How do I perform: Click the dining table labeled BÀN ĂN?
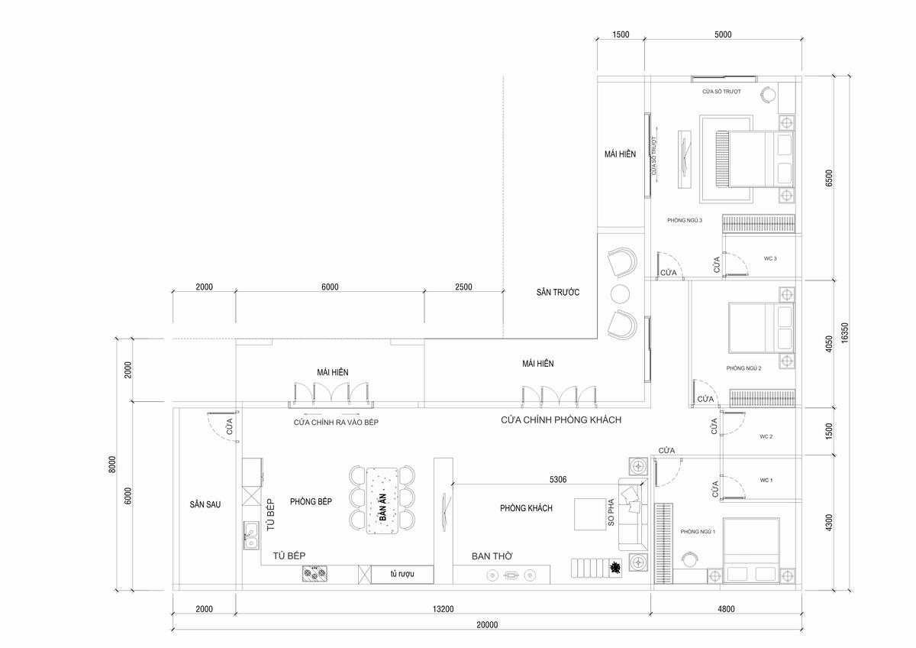(x=382, y=501)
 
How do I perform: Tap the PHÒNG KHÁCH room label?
(x=526, y=508)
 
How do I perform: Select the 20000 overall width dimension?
(x=487, y=624)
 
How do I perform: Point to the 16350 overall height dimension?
(x=844, y=333)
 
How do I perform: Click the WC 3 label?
(x=770, y=258)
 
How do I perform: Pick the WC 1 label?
(x=766, y=480)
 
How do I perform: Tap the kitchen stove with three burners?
(x=314, y=573)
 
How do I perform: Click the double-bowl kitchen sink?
(x=251, y=535)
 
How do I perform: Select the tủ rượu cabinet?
(x=402, y=575)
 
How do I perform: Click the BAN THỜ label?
(x=492, y=556)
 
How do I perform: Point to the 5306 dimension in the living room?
(x=558, y=479)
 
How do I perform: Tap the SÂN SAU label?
(x=205, y=504)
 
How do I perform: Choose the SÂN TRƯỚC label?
(x=558, y=292)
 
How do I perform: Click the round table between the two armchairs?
(x=620, y=294)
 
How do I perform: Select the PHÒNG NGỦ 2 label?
(x=743, y=368)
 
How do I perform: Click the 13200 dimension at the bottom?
(x=443, y=609)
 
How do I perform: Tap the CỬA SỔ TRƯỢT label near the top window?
(x=721, y=91)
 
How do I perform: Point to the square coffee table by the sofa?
(x=590, y=514)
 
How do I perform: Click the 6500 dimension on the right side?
(x=829, y=178)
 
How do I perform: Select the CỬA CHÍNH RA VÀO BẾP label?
(x=336, y=422)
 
